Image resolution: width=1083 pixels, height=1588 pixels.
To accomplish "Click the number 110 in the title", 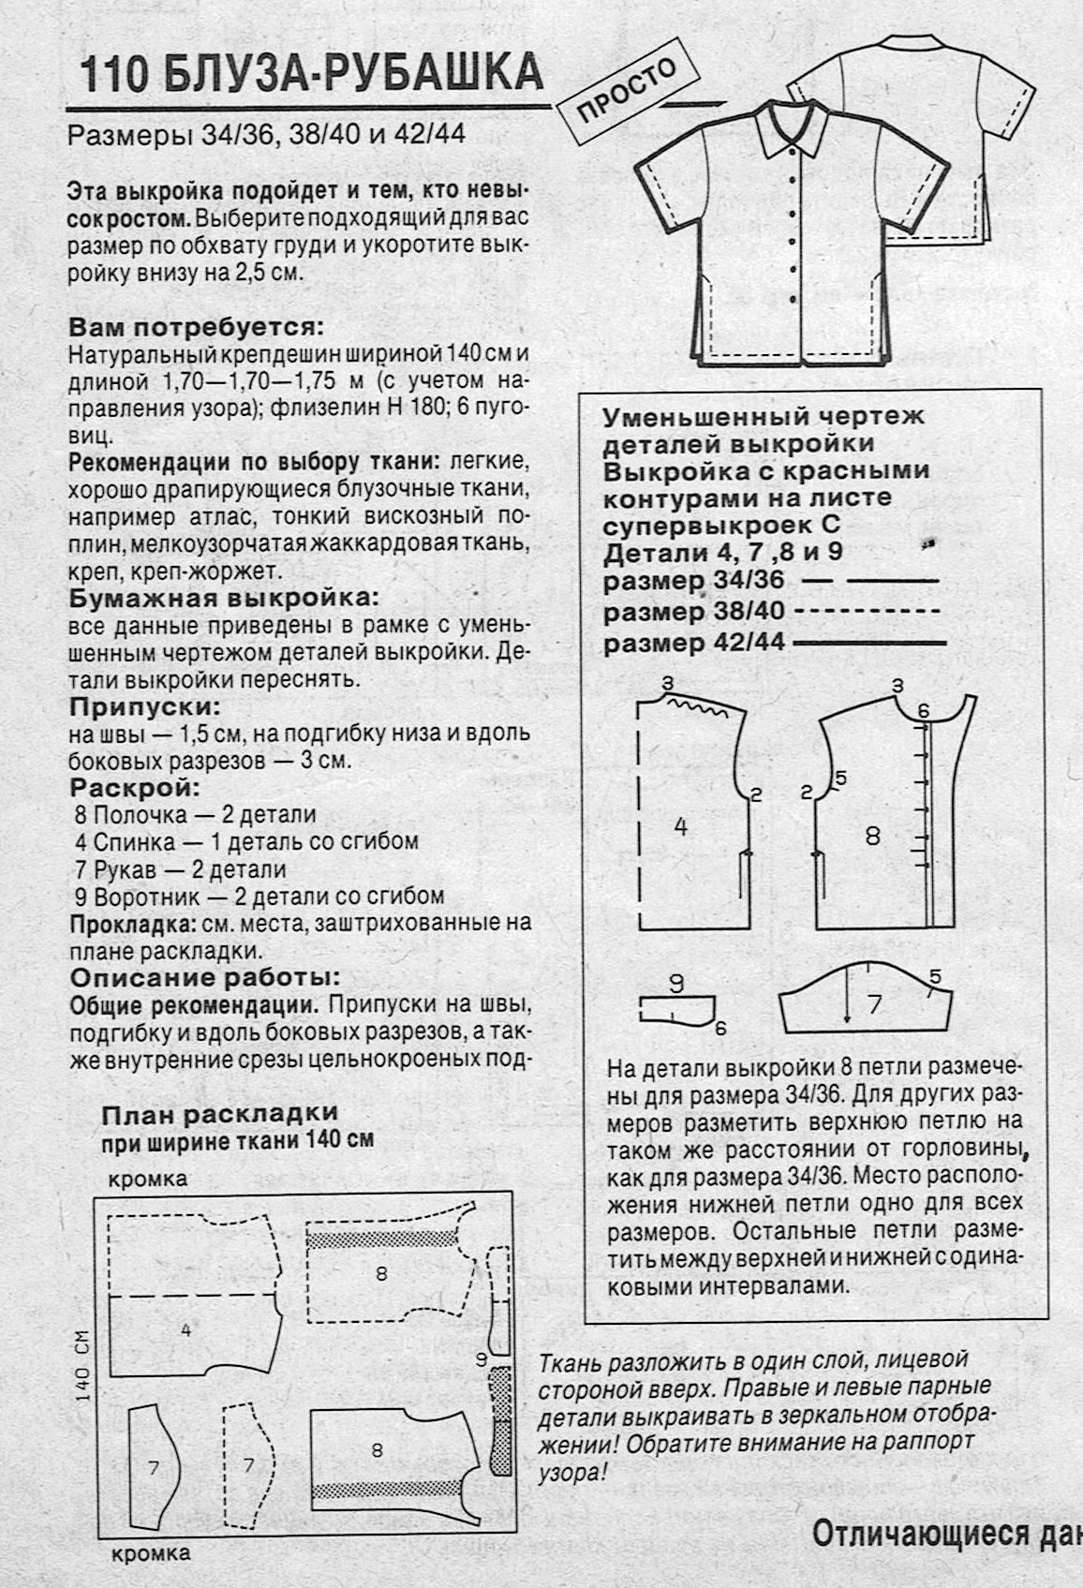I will tap(113, 74).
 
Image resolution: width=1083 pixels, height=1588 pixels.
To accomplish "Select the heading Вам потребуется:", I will tap(196, 329).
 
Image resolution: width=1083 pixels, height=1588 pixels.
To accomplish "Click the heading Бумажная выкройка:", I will tap(224, 598).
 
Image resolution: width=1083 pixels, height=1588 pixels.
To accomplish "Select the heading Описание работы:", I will tap(205, 977).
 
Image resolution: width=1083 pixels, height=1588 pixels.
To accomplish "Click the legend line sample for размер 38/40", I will tap(867, 612).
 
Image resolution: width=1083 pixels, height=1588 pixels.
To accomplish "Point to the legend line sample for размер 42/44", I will tap(868, 644).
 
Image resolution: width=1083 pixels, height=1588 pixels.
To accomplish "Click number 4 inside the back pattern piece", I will tap(681, 826).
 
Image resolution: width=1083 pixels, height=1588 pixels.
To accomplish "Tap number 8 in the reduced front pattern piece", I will tap(872, 835).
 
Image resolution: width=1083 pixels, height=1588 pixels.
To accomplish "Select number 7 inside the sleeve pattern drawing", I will tap(875, 1005).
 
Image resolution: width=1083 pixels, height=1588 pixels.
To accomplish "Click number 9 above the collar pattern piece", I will tap(676, 983).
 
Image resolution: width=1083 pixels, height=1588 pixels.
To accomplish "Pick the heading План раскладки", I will tap(219, 1113).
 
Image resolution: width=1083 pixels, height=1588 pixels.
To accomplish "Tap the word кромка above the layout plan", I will tap(148, 1178).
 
